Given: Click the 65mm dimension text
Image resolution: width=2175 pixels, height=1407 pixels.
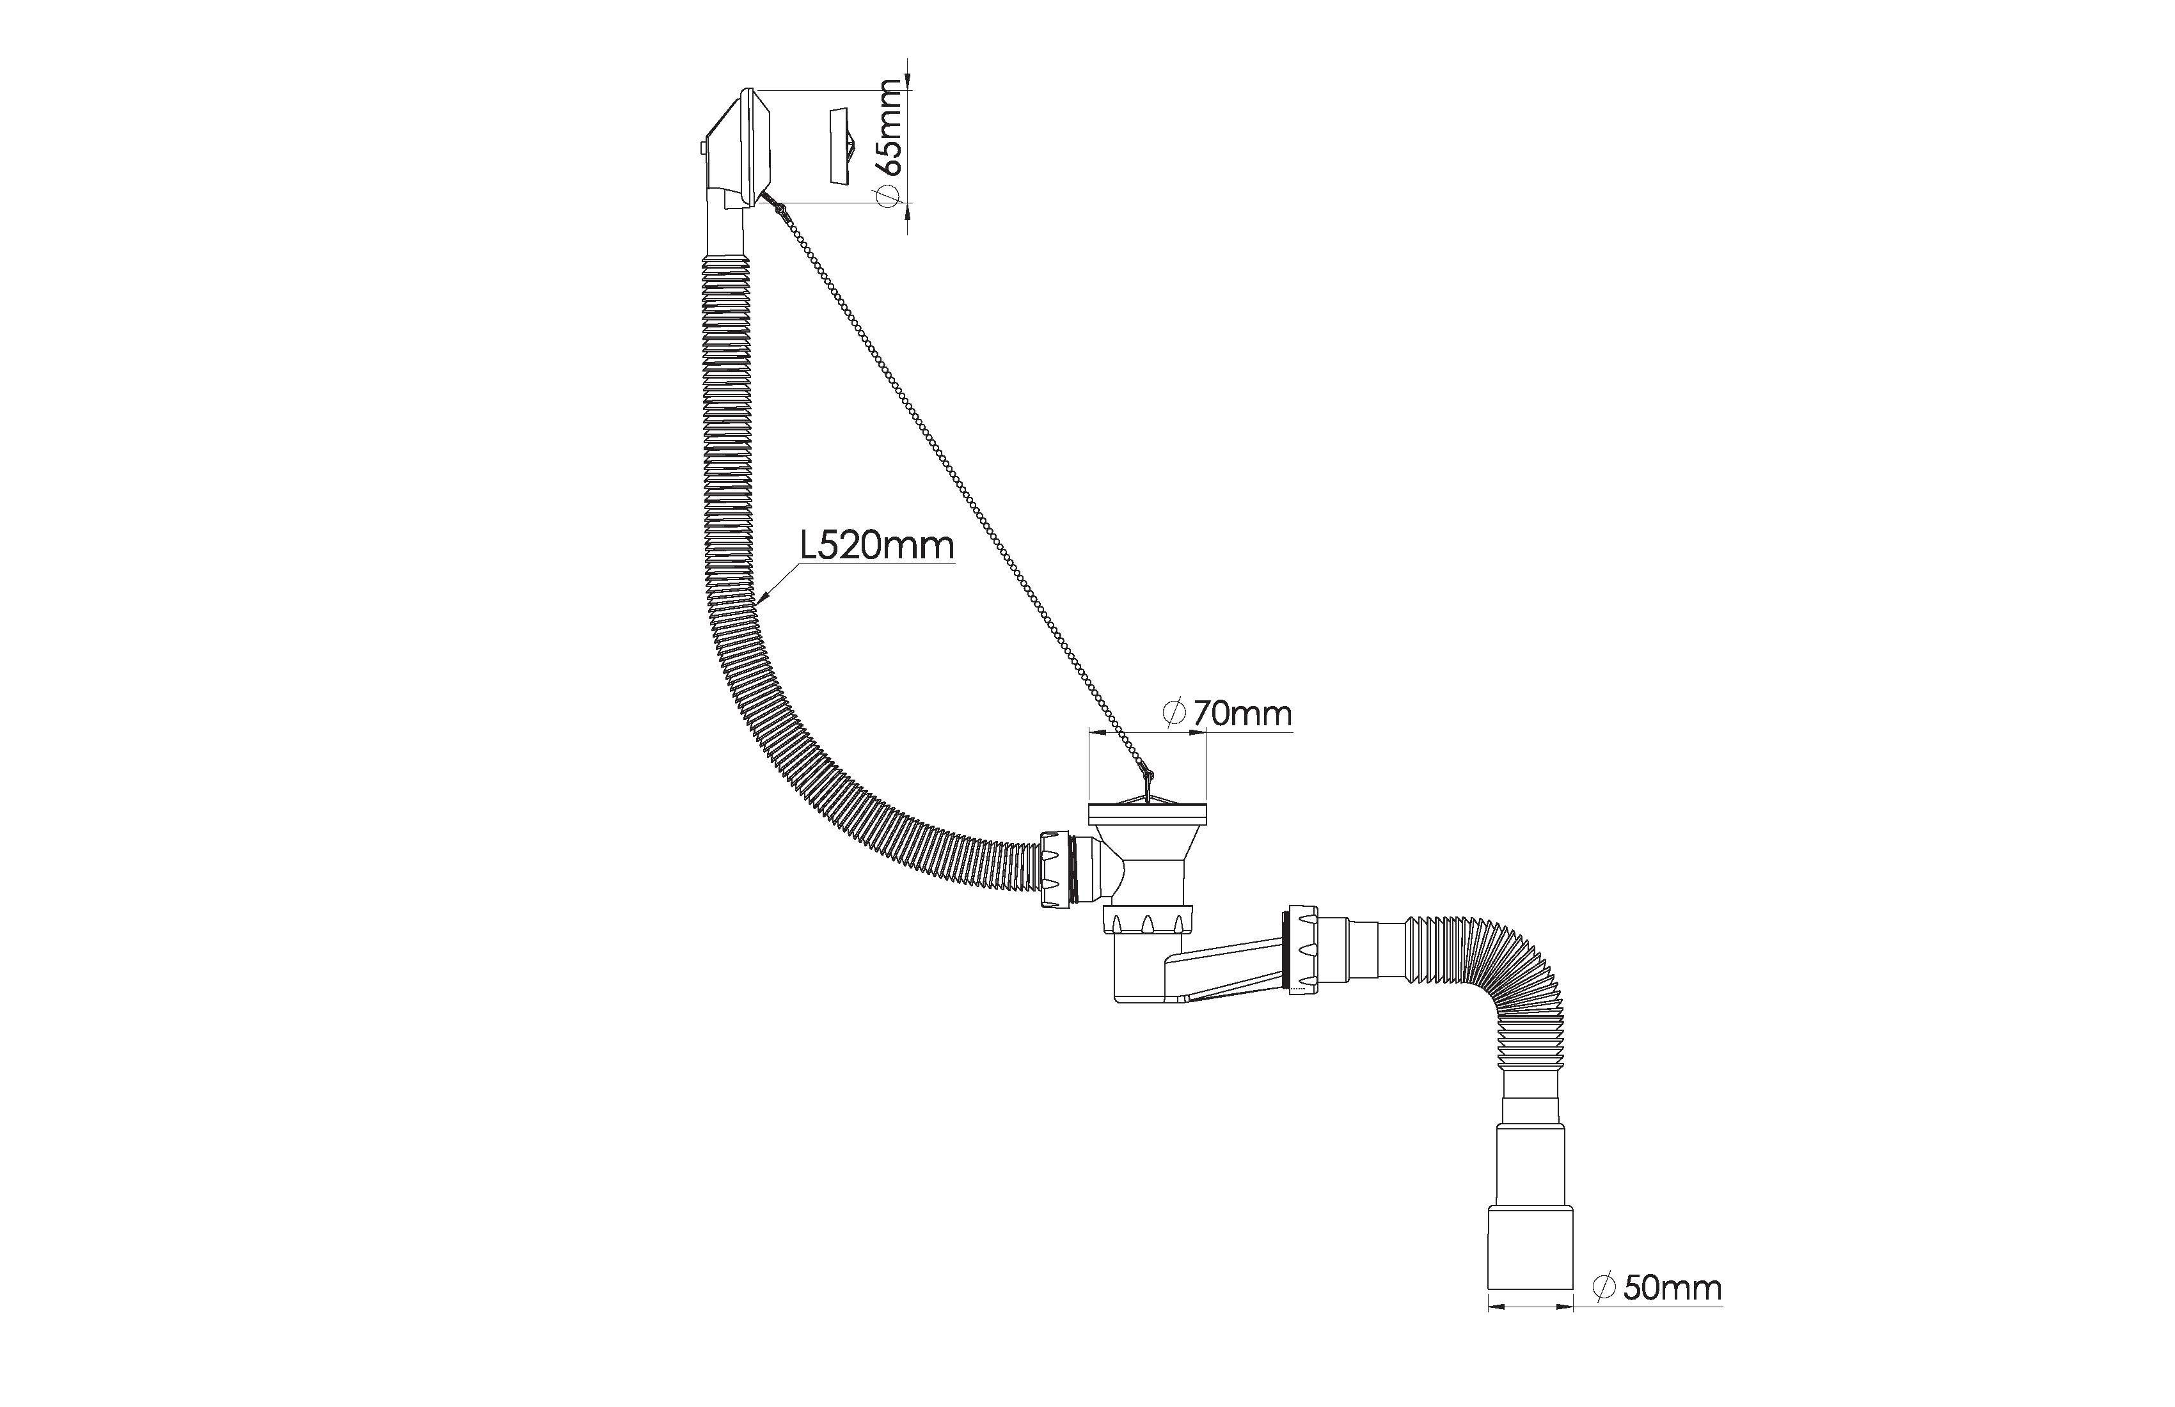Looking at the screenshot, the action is [889, 127].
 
